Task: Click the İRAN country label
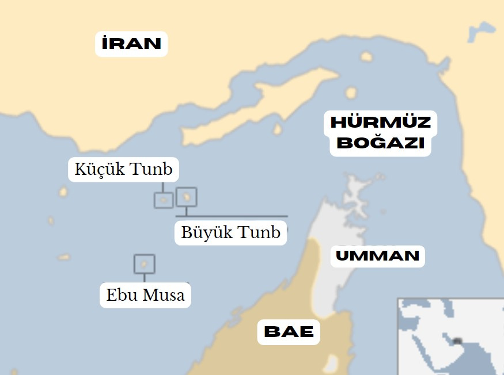[x=131, y=44]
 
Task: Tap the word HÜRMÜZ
[x=380, y=123]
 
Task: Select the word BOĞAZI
[x=380, y=143]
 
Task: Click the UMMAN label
[x=377, y=255]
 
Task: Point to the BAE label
[x=289, y=332]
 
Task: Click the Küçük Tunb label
[x=123, y=170]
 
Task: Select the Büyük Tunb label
[x=230, y=232]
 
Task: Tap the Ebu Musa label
[x=145, y=296]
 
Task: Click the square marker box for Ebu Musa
[x=144, y=264]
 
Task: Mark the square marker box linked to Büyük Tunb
[x=186, y=197]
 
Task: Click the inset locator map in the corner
[x=450, y=336]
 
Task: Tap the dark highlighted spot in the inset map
[x=458, y=340]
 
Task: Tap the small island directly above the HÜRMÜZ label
[x=351, y=93]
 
